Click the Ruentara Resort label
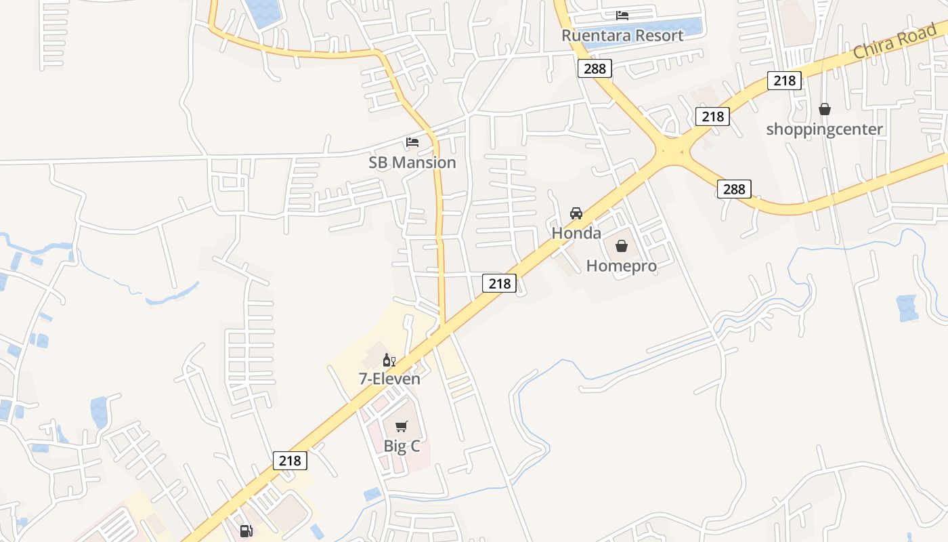tap(622, 35)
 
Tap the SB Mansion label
tap(412, 163)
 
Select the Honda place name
tap(576, 233)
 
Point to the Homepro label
tap(622, 266)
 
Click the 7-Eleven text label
tap(389, 379)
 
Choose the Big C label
tap(402, 446)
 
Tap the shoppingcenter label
tap(824, 129)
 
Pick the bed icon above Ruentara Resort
tap(622, 16)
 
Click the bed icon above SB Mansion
tap(412, 142)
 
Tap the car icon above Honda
tap(576, 213)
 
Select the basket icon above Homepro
tap(622, 246)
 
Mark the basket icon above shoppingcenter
tap(824, 109)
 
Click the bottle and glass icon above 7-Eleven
tap(389, 360)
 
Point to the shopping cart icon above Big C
tap(402, 426)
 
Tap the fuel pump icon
tap(246, 531)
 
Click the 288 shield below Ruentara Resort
tap(595, 68)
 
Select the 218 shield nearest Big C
tap(290, 460)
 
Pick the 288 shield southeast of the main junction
tap(734, 189)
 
